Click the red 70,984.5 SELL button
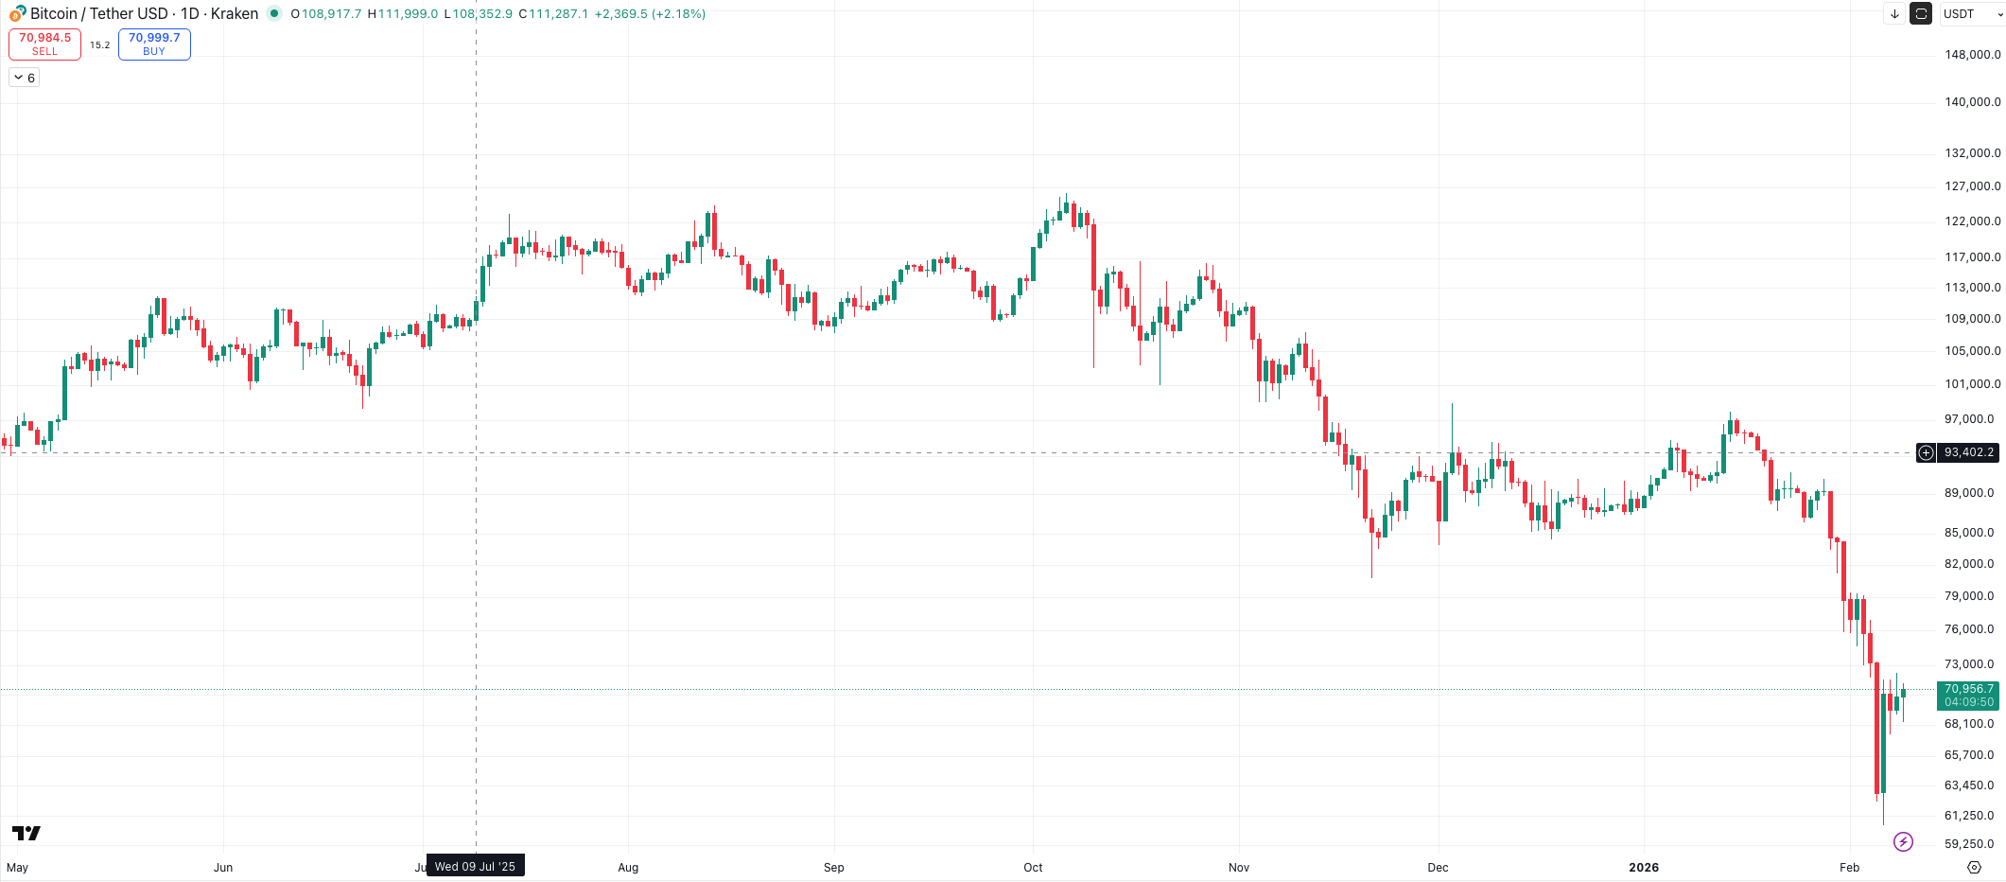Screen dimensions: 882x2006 (44, 44)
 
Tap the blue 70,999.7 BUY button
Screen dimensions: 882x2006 (154, 44)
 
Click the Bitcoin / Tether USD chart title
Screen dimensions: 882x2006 (98, 13)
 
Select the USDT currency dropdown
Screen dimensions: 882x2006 (1970, 13)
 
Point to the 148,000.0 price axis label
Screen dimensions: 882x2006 (1972, 55)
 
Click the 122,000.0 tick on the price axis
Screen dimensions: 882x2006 (1972, 221)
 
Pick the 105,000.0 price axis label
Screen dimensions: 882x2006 (1972, 351)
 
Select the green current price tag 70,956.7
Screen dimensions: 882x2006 (1968, 695)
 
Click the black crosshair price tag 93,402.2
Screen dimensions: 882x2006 (1968, 452)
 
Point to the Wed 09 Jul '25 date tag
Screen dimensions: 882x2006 (475, 866)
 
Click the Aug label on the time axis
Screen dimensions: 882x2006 (628, 867)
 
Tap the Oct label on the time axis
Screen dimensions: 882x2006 (1033, 867)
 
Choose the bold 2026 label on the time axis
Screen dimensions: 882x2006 (1644, 867)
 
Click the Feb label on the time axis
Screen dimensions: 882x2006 (1849, 867)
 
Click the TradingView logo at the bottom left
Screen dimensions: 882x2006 (26, 833)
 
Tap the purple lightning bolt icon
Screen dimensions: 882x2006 (1904, 841)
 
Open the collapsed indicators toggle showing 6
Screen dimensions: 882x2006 (25, 78)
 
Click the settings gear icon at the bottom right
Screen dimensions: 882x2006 (1974, 867)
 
